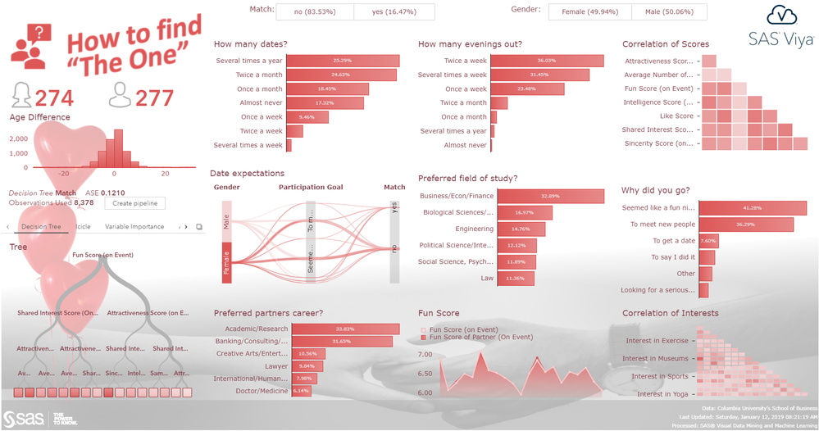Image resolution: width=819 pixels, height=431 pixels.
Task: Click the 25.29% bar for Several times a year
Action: [342, 61]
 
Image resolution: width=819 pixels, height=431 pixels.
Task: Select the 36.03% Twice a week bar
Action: [547, 61]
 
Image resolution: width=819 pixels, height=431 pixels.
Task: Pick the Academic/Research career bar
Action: [344, 329]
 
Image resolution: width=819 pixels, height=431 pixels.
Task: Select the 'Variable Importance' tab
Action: [134, 227]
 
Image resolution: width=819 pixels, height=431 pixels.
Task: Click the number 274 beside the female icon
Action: [54, 99]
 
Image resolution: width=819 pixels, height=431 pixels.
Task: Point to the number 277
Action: [154, 99]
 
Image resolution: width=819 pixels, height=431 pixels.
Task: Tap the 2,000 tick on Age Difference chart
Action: [18, 139]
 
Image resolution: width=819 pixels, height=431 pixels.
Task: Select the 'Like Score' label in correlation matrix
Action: [668, 116]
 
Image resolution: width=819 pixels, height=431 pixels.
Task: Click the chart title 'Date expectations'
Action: [247, 174]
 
